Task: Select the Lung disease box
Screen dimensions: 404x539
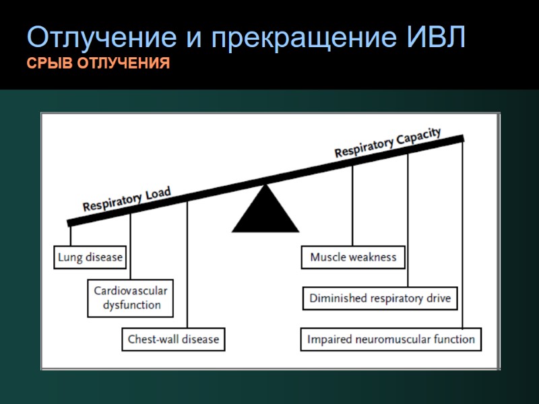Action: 90,257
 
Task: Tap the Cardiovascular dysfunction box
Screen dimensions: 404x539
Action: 131,298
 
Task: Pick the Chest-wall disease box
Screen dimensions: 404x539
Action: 173,339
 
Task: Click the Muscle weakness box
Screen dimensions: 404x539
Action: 353,257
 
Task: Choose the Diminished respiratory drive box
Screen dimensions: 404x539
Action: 380,298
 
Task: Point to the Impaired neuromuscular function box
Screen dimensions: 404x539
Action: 391,339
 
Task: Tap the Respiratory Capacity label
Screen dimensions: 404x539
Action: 387,143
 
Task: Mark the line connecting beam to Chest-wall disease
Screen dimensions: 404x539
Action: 187,269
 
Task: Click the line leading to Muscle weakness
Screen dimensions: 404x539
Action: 352,209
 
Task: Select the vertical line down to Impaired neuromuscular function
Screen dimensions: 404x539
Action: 462,236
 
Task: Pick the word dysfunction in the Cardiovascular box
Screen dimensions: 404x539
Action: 131,305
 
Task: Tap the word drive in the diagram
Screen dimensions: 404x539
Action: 438,298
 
